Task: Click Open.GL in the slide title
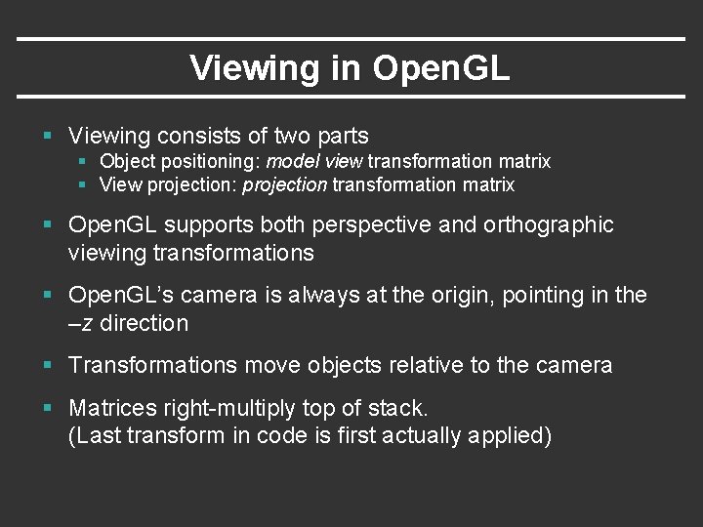point(441,68)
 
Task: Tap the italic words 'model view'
point(307,161)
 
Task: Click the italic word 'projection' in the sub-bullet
point(285,184)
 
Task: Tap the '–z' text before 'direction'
point(80,323)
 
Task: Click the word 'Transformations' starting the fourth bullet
point(152,365)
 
